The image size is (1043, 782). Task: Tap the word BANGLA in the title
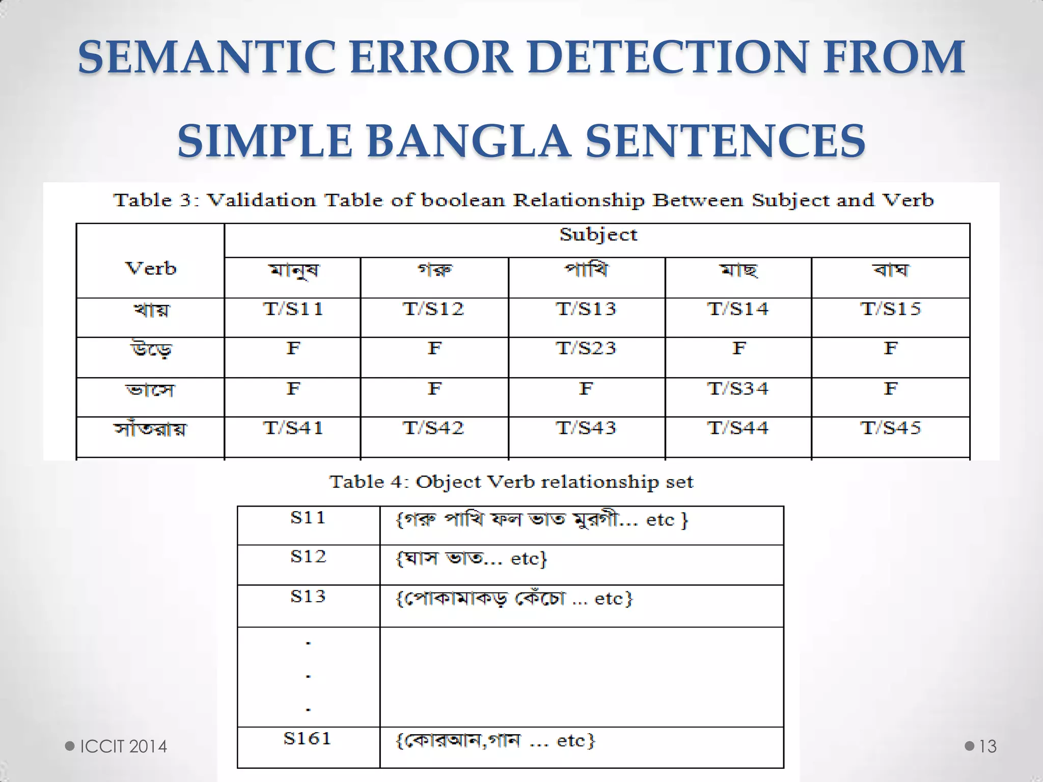tap(468, 141)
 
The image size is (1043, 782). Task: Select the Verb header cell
tap(151, 268)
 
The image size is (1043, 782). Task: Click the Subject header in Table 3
tap(598, 235)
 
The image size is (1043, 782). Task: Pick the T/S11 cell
tap(293, 309)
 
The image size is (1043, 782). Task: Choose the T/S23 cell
tap(586, 348)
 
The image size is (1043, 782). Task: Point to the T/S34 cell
tap(737, 389)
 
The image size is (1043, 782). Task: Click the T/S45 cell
tap(890, 428)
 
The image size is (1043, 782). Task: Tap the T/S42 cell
tap(433, 428)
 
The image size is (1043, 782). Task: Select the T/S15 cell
tap(890, 309)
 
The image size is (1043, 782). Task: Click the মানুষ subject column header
tap(294, 270)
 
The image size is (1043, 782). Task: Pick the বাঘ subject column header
tap(890, 269)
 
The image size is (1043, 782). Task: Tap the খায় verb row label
tap(151, 310)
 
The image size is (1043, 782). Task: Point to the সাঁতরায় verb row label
tap(151, 429)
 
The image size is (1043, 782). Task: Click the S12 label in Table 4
tap(308, 556)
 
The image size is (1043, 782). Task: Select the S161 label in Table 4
tap(307, 738)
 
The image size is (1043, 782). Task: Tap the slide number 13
tap(987, 746)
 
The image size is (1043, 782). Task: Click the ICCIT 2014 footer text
tap(124, 746)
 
